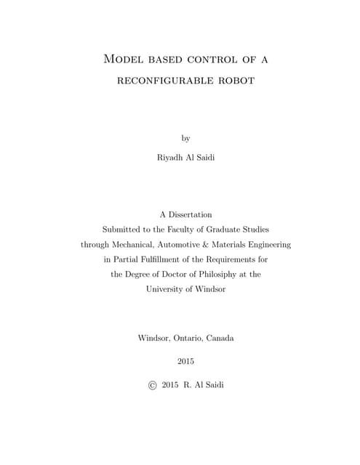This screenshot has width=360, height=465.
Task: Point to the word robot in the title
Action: point(234,81)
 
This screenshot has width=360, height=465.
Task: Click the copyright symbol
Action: point(152,384)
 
